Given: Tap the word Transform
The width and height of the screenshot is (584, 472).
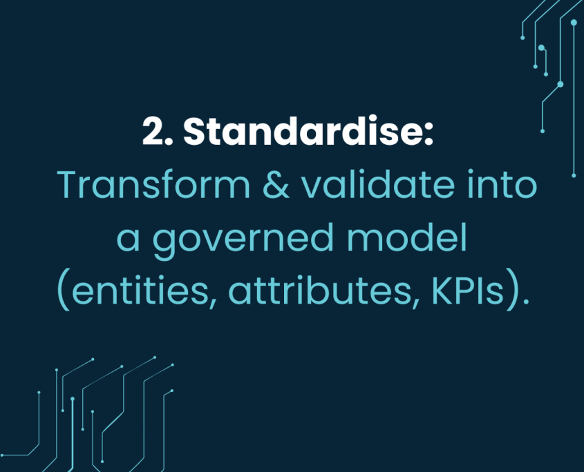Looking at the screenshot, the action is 153,185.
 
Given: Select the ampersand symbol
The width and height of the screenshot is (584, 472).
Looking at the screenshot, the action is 276,185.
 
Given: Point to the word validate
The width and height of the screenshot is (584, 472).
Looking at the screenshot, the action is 378,184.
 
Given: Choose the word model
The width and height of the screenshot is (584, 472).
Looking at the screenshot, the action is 406,237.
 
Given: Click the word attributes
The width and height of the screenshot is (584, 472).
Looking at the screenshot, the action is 319,291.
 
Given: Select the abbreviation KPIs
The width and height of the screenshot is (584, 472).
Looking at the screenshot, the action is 468,291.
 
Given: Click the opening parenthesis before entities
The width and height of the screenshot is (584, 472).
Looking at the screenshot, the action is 64,293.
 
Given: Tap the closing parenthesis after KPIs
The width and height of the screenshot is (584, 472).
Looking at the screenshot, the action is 512,293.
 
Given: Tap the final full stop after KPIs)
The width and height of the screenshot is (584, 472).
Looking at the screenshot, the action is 525,302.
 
